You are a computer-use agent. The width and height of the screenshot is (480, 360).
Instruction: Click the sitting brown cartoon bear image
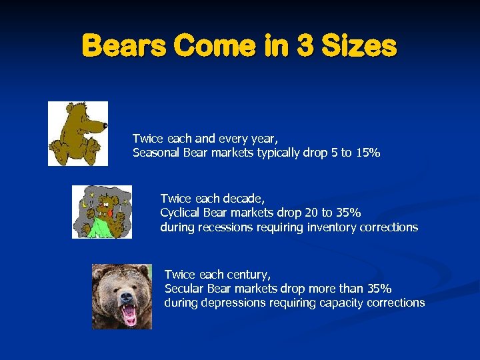click(77, 133)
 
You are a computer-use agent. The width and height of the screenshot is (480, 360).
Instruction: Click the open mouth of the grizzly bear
click(128, 314)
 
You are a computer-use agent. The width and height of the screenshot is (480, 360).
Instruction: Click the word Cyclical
click(182, 213)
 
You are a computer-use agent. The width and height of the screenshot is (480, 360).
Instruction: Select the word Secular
click(184, 289)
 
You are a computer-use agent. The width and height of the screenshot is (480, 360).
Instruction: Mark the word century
click(253, 274)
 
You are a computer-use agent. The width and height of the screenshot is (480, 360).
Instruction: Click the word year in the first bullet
click(263, 139)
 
